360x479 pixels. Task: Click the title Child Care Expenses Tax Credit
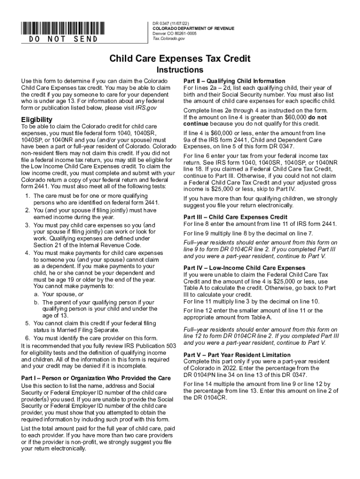click(180, 58)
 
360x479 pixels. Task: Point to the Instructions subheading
click(180, 70)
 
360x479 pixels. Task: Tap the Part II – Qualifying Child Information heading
click(234, 81)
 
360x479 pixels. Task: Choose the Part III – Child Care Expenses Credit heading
click(235, 217)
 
